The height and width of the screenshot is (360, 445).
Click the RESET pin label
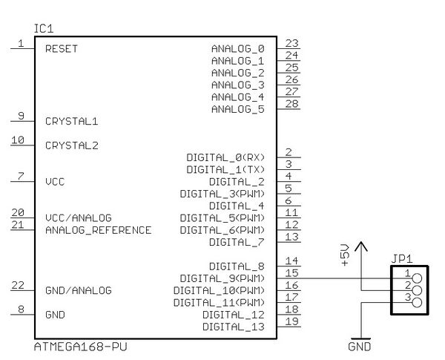click(62, 49)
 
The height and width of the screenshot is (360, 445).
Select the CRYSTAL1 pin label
click(71, 121)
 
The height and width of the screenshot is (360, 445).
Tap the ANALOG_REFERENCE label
click(98, 230)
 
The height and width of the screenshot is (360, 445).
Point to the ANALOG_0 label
click(237, 49)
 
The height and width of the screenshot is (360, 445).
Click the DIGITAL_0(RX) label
click(225, 157)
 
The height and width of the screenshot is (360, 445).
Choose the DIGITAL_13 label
click(233, 327)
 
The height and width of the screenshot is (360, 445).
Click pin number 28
click(291, 103)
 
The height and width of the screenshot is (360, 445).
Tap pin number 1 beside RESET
click(21, 43)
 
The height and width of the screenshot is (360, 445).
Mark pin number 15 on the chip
click(291, 273)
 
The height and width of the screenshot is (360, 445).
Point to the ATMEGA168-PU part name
click(75, 347)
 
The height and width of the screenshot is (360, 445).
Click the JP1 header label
click(401, 260)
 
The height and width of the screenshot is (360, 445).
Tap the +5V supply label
click(344, 254)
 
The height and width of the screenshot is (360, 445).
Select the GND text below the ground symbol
click(359, 347)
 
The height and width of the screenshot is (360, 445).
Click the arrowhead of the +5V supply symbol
click(360, 246)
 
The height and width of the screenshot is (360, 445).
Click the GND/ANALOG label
click(78, 291)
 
